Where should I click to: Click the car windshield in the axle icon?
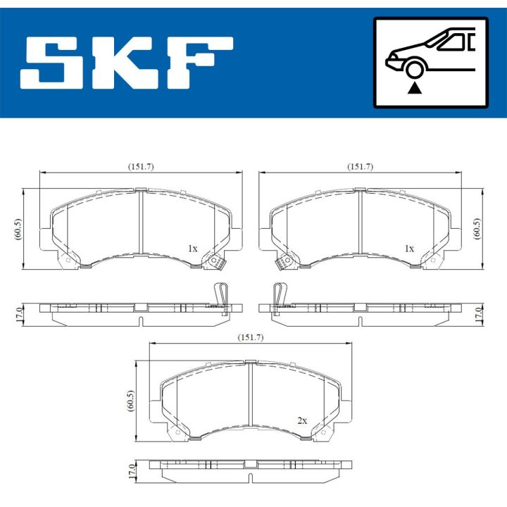click(x=451, y=42)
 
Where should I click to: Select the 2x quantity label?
click(x=302, y=420)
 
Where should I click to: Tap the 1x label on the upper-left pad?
click(x=192, y=249)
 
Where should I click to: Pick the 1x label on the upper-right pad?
click(x=408, y=249)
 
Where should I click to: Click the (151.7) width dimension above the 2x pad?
click(x=250, y=338)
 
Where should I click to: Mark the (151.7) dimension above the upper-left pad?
click(x=140, y=166)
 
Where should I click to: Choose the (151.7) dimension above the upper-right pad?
click(x=360, y=166)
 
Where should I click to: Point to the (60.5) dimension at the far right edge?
click(x=478, y=230)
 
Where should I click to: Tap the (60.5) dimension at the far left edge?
click(x=18, y=230)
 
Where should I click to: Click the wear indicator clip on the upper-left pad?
click(x=215, y=263)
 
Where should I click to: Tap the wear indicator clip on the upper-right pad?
click(x=284, y=263)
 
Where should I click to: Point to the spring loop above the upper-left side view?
click(x=221, y=292)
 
